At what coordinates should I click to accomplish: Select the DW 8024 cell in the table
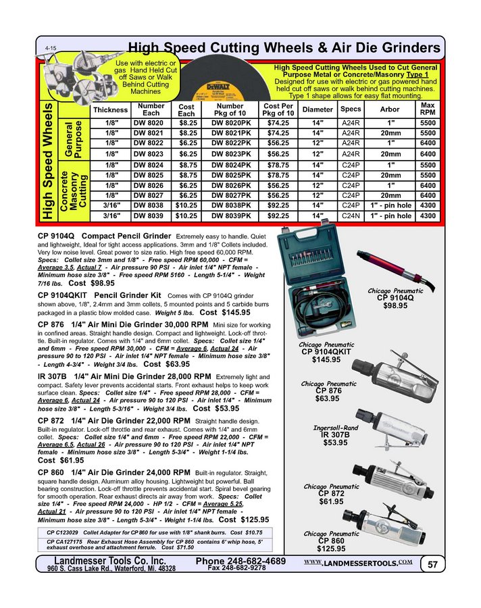point(147,164)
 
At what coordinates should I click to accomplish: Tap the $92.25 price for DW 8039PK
point(277,216)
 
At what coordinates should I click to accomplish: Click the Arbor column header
point(390,109)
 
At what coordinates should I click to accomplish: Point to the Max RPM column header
point(428,109)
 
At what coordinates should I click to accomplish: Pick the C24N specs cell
point(351,216)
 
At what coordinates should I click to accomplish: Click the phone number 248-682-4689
point(240,561)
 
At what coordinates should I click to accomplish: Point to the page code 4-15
point(51,49)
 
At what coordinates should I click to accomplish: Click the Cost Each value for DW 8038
point(186,203)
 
